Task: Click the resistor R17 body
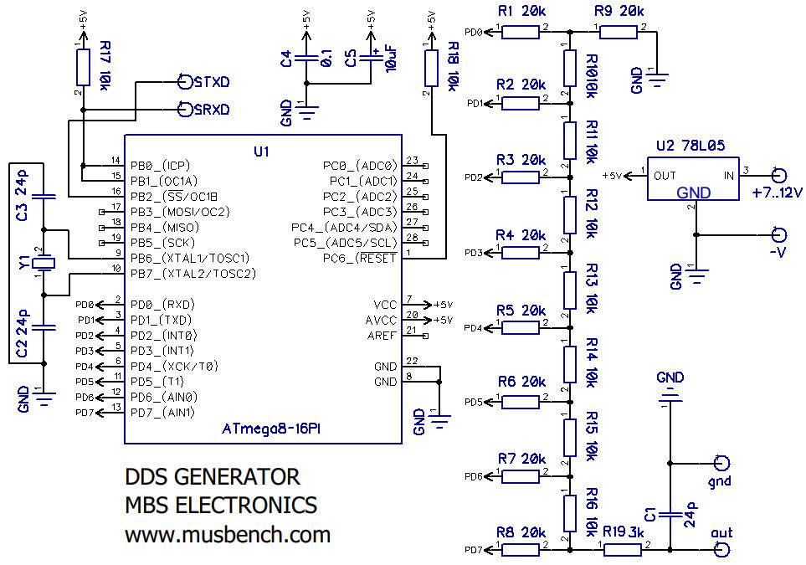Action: (82, 66)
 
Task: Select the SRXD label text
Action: (211, 110)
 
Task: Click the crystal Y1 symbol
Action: (45, 263)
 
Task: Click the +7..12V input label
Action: (778, 193)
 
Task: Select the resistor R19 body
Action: (624, 549)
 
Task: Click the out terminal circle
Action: (721, 549)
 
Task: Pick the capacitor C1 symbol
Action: (670, 511)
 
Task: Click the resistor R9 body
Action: (619, 33)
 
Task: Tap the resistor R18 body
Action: (431, 66)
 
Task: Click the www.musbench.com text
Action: (228, 534)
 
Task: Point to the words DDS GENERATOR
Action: (212, 477)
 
